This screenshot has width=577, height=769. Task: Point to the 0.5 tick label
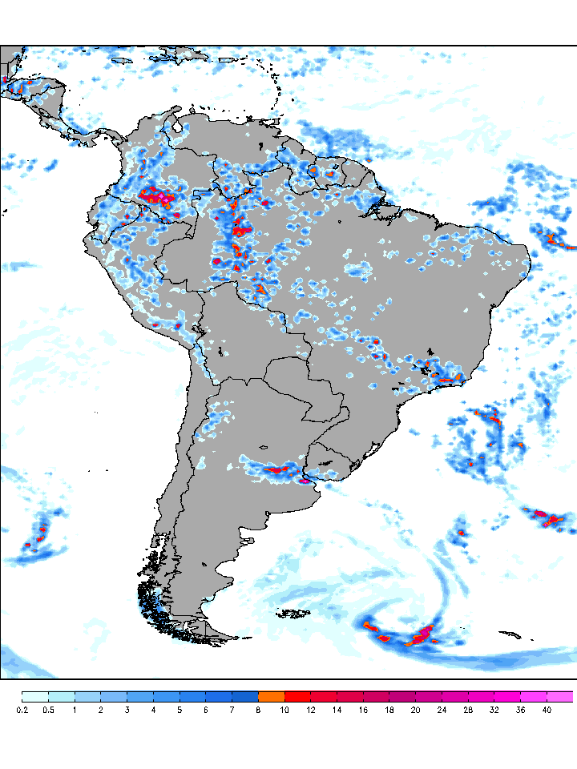pos(49,710)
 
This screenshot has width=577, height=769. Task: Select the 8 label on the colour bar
pos(259,710)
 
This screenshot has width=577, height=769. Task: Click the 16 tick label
pos(364,710)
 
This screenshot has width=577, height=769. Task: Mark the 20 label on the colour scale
pos(416,710)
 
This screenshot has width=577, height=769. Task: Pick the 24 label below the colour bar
pos(442,710)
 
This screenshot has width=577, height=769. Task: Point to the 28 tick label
pos(469,710)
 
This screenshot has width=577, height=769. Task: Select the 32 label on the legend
pos(494,710)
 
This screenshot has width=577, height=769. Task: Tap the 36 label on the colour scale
pos(521,710)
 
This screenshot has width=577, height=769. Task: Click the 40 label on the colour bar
pos(547,710)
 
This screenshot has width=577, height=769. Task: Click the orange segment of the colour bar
pos(272,696)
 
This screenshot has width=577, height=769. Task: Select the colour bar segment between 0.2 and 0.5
pos(35,696)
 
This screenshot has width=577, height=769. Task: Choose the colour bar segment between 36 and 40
pos(534,696)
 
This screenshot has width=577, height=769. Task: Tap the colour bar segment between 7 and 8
pos(245,696)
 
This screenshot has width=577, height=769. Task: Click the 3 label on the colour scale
pos(127,710)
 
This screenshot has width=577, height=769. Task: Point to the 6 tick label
pos(206,710)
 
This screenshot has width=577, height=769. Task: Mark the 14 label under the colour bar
pos(337,710)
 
